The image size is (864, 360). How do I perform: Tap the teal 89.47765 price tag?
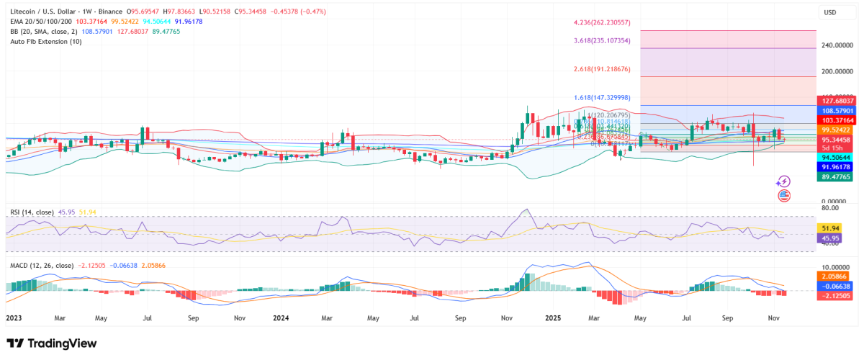(x=837, y=176)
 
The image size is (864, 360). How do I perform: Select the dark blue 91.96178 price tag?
(x=837, y=166)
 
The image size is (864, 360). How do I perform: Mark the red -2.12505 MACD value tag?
(x=836, y=295)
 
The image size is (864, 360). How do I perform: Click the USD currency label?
(x=829, y=12)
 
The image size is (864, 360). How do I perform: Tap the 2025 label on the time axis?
(x=553, y=317)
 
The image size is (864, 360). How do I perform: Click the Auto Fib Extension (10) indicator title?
(x=45, y=42)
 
